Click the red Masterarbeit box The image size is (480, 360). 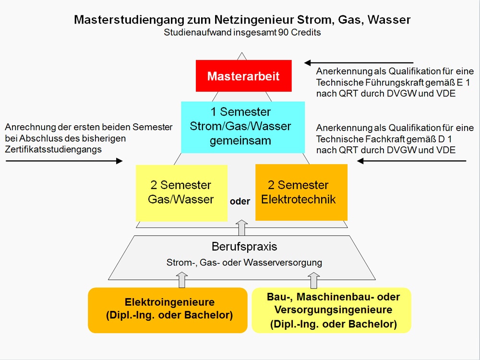tap(244, 76)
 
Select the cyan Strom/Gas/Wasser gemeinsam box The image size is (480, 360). tap(243, 127)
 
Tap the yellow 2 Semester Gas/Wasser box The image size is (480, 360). tap(181, 193)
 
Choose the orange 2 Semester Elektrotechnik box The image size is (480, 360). tap(301, 192)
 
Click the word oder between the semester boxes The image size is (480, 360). tap(240, 202)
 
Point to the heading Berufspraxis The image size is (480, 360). tap(244, 246)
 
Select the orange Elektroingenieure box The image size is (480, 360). tap(168, 310)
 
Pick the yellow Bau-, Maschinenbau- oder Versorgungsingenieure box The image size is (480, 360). tap(331, 310)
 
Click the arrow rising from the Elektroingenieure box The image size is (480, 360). tap(182, 279)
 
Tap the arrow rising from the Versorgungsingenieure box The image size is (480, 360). tap(313, 280)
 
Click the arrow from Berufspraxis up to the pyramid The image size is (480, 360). tap(241, 228)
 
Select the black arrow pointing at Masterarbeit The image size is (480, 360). tap(359, 63)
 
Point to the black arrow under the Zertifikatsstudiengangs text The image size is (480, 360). tap(64, 161)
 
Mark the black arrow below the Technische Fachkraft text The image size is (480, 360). tap(411, 161)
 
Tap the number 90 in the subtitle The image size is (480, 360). tap(283, 33)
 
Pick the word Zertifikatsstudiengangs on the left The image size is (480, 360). tap(53, 150)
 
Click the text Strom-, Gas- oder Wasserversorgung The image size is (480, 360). tap(244, 263)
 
